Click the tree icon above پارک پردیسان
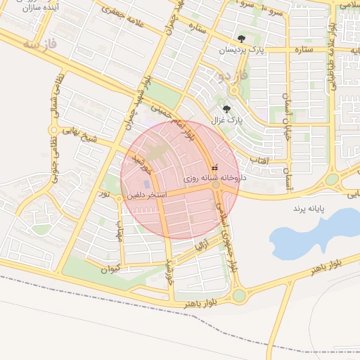click(241, 39)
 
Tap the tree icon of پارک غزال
click(226, 109)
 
